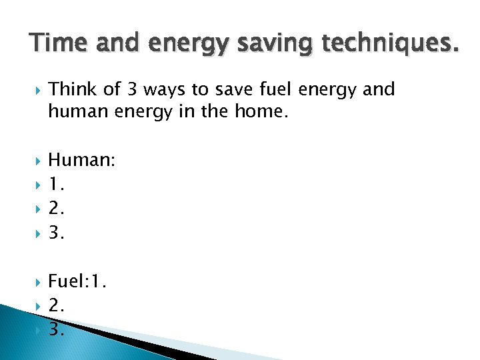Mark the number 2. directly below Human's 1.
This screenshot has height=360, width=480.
tap(57, 209)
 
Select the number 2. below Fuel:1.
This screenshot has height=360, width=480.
tap(57, 305)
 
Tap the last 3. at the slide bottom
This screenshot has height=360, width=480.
tap(57, 329)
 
